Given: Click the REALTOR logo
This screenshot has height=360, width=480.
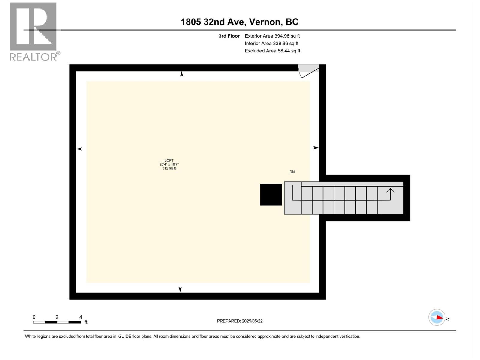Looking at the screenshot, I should coord(33,31).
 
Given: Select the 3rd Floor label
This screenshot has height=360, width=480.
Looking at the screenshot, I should coord(229,36).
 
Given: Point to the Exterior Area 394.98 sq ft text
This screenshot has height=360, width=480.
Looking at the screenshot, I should coord(272,36).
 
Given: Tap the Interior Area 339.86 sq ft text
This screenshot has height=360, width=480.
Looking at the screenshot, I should coord(271,43).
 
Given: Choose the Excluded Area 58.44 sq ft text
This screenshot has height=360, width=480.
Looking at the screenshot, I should coord(272,51).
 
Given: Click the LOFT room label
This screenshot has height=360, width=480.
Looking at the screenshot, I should coord(169,160).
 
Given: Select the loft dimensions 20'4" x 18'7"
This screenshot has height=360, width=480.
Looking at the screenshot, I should coord(169,164).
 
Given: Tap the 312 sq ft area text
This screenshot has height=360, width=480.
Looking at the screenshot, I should coord(169,168).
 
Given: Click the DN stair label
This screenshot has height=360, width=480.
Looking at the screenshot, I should coord(292,172).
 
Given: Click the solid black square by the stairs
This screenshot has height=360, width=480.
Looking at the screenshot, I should coord(271,195).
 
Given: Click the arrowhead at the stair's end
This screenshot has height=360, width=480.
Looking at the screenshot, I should coord(390,190).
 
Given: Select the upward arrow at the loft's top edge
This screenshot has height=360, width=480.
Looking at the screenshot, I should coord(181,74).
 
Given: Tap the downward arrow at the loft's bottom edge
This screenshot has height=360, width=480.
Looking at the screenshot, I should coord(180,289).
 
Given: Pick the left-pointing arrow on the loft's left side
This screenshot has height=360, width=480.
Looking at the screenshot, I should coord(79,149).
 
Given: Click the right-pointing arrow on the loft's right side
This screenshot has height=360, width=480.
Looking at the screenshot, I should coord(316,148).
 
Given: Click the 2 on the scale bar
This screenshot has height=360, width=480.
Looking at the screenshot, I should coord(57,317).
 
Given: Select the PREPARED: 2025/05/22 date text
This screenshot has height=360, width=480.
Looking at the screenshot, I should coord(240,321).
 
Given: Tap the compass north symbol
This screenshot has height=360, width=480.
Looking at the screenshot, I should coord(437,317).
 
